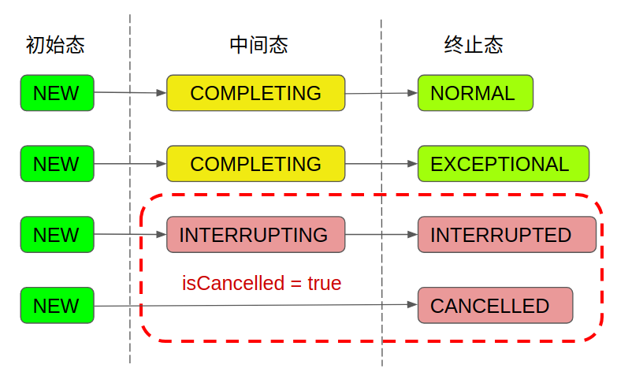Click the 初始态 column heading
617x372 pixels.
55,45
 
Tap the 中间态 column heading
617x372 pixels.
258,45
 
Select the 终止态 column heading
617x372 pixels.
474,45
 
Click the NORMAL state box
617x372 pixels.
474,93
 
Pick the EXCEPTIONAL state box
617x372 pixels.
503,164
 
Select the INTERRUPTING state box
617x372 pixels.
255,235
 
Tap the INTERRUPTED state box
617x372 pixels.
506,235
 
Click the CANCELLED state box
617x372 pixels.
494,306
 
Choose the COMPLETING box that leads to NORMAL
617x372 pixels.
255,93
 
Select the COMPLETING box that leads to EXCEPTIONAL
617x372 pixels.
255,164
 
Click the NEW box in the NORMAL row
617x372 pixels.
57,93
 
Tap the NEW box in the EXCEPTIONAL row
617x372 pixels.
57,164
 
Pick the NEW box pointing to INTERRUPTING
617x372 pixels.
57,235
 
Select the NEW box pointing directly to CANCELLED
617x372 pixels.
57,306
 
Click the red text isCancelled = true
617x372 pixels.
262,283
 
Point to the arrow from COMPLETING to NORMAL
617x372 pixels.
381,93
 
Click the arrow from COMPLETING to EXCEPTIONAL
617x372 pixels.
381,164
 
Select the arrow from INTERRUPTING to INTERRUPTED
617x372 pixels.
381,235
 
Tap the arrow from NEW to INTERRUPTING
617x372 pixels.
130,234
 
